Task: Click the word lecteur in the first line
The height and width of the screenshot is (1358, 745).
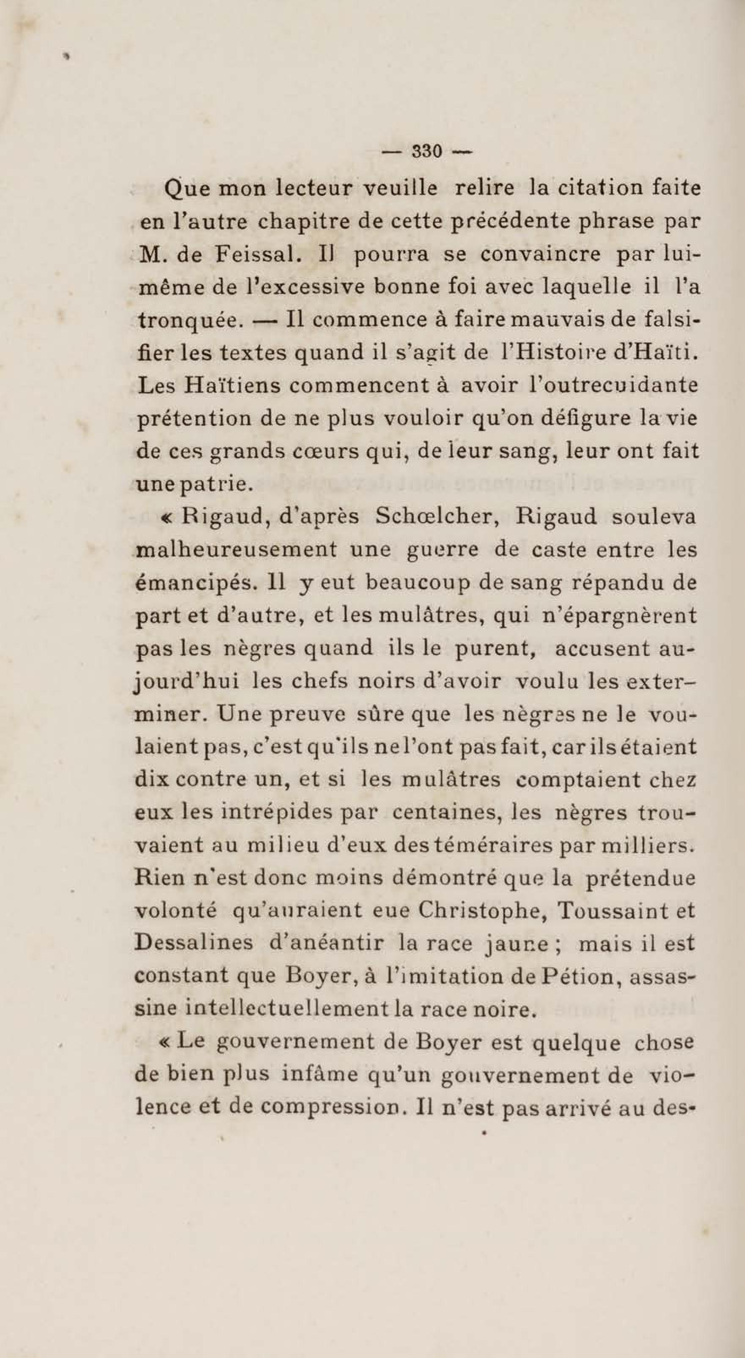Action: tap(314, 188)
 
